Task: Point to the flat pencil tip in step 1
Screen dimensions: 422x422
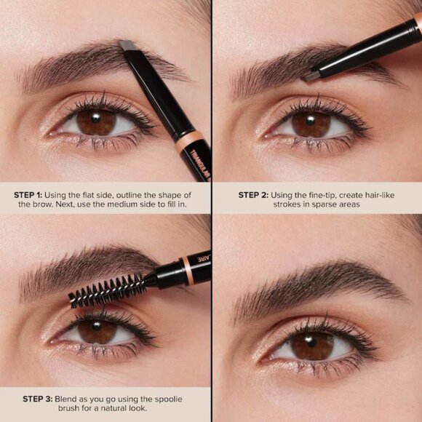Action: (x=129, y=46)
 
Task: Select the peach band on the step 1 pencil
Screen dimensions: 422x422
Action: (x=187, y=140)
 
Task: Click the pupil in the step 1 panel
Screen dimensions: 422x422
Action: (x=96, y=121)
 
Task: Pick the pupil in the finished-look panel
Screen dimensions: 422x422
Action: (x=312, y=344)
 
